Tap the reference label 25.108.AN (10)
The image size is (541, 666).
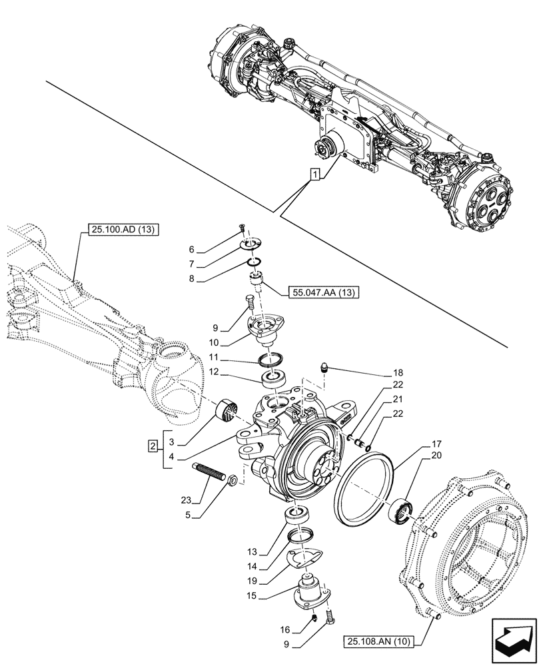pyautogui.click(x=380, y=642)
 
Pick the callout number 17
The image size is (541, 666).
pyautogui.click(x=436, y=444)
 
